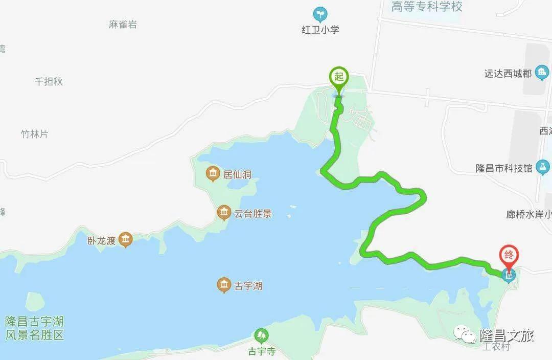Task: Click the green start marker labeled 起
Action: point(338,77)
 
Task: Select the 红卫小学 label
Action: point(320,30)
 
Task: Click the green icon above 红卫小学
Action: point(320,13)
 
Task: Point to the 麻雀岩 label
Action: point(123,24)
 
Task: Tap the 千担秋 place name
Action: point(49,81)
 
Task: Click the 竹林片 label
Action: point(34,134)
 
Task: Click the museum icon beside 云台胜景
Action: point(223,212)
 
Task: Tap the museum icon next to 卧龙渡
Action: point(125,239)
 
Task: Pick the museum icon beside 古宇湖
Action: point(223,285)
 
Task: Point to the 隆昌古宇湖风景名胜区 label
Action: point(34,328)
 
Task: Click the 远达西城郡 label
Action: point(508,74)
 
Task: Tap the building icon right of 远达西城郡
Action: point(541,73)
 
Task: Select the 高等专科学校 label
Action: point(427,7)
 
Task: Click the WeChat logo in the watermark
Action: point(467,335)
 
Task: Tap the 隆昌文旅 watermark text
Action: point(507,335)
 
